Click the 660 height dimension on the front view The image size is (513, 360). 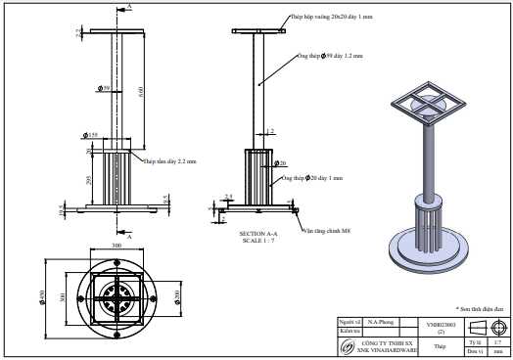click(139, 92)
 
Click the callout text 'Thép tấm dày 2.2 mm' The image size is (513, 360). click(170, 160)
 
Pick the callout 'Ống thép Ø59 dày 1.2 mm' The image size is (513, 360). click(330, 57)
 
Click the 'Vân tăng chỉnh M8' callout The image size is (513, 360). click(322, 231)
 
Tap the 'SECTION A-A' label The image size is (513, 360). click(259, 234)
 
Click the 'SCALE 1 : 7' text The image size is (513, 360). click(259, 241)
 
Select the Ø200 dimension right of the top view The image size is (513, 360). click(177, 296)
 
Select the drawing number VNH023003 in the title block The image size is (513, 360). click(440, 322)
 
